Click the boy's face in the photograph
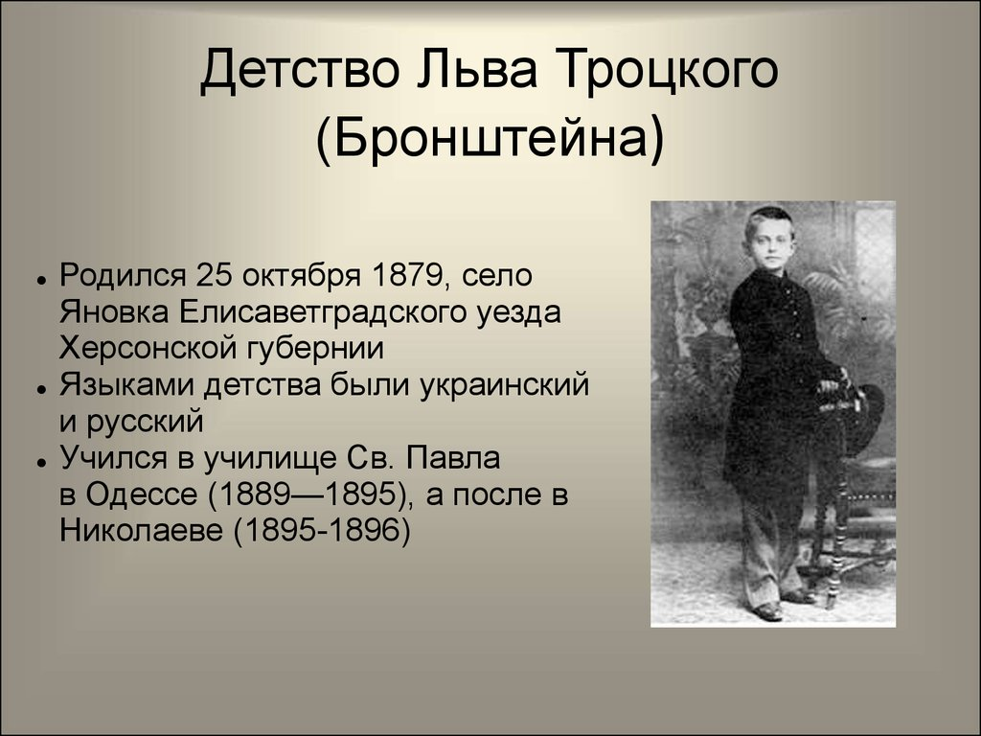tap(771, 240)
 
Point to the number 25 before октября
tap(216, 276)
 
